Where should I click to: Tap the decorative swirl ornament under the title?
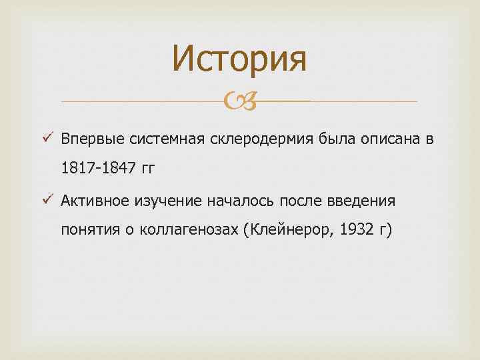click(x=239, y=101)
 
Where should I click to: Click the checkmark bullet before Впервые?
click(x=46, y=139)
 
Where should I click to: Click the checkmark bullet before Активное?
click(x=46, y=200)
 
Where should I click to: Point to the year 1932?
click(x=357, y=231)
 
